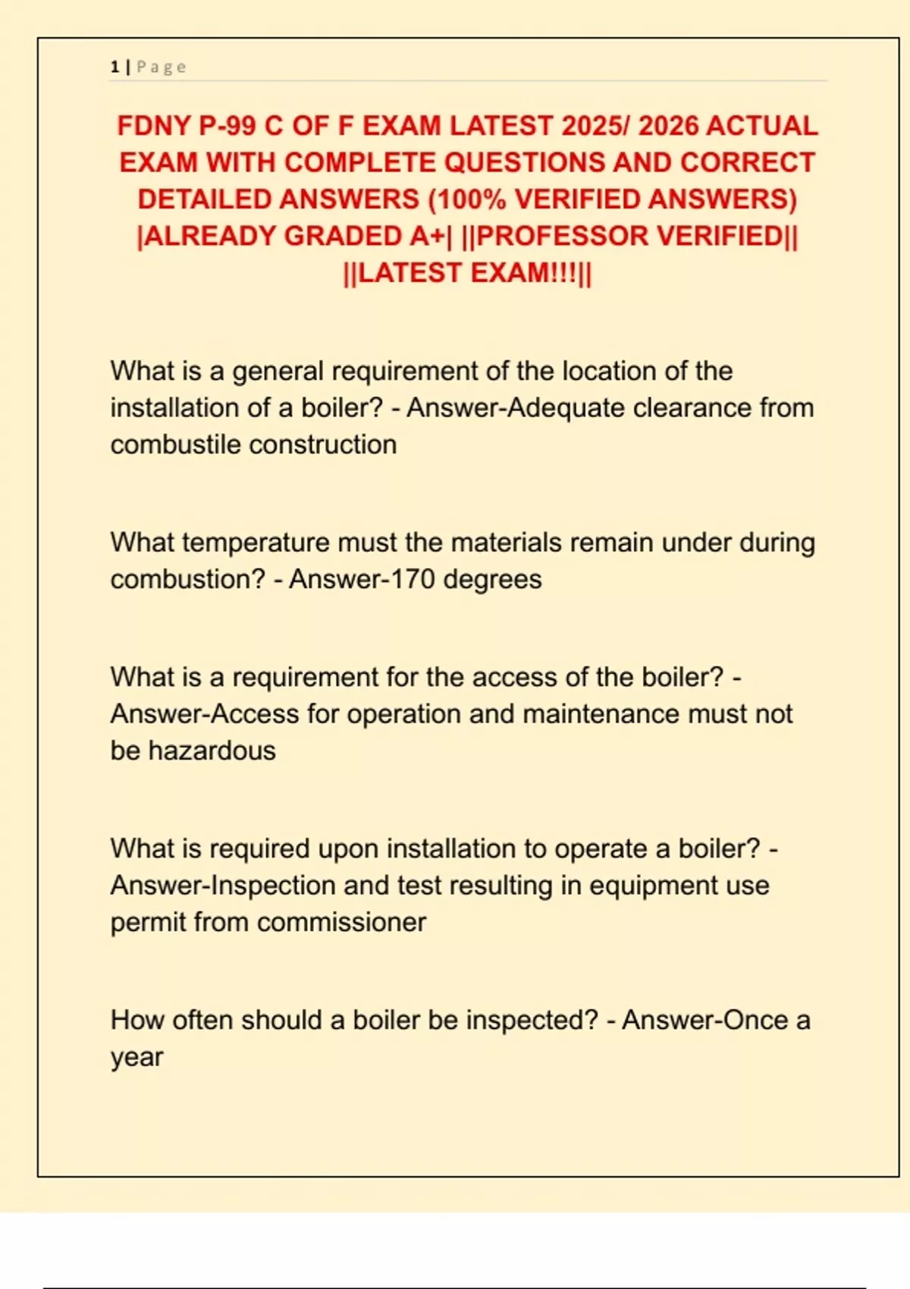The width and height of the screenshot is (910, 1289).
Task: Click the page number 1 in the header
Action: [x=115, y=67]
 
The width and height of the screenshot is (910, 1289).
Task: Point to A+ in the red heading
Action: [x=426, y=237]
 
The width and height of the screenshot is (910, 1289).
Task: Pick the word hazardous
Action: [x=212, y=751]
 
